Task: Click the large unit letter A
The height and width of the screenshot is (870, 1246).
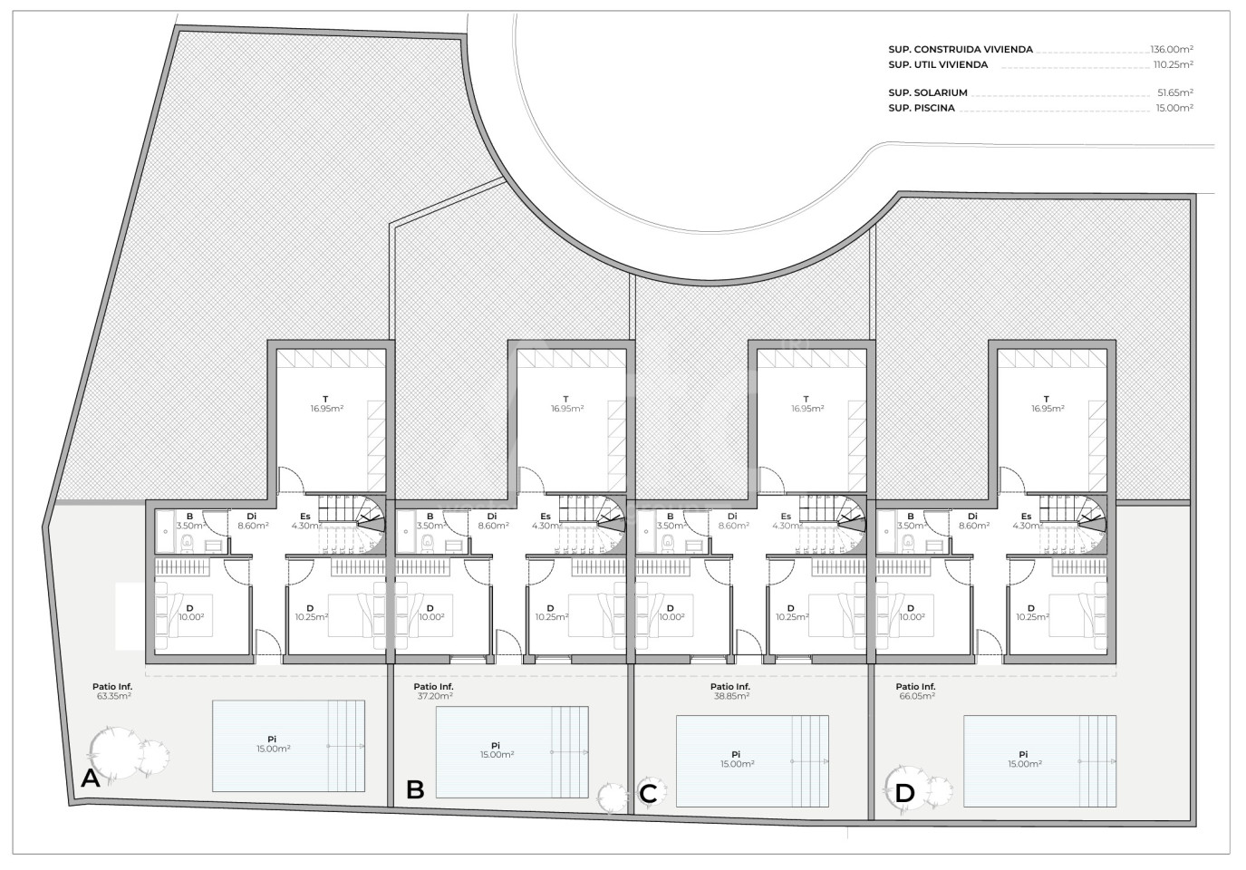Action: click(91, 778)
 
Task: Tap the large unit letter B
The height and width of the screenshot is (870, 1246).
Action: click(416, 790)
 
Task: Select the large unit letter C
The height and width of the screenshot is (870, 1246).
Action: click(649, 794)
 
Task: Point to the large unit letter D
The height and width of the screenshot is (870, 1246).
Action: click(905, 794)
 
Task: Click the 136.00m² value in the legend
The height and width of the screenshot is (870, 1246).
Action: click(1172, 50)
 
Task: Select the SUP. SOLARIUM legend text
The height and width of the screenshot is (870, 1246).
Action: click(928, 93)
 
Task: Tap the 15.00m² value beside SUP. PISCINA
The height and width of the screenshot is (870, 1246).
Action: click(1174, 108)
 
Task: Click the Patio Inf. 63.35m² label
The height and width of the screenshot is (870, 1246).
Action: click(112, 691)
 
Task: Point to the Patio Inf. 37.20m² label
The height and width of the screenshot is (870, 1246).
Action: click(434, 691)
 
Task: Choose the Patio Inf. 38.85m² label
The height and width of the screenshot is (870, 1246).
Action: click(730, 691)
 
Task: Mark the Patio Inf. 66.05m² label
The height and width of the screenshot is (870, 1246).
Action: click(915, 691)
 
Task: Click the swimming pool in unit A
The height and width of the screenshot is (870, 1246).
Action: click(289, 746)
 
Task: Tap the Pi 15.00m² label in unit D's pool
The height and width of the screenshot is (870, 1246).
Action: click(1025, 759)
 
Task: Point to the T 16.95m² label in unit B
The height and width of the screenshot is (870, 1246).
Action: click(567, 404)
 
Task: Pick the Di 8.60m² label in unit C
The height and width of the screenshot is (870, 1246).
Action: click(732, 521)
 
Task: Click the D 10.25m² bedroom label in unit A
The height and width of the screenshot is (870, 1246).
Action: click(311, 613)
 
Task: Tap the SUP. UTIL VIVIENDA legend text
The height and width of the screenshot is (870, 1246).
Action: click(939, 65)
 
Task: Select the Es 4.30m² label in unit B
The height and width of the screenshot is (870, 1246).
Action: click(546, 521)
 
